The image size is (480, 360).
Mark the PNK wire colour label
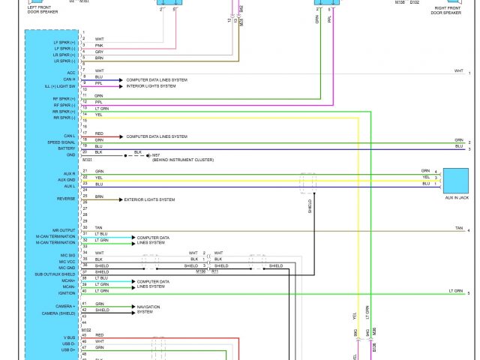pyautogui.click(x=99, y=45)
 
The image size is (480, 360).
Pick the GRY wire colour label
pyautogui.click(x=99, y=52)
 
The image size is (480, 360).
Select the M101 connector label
pyautogui.click(x=87, y=160)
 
